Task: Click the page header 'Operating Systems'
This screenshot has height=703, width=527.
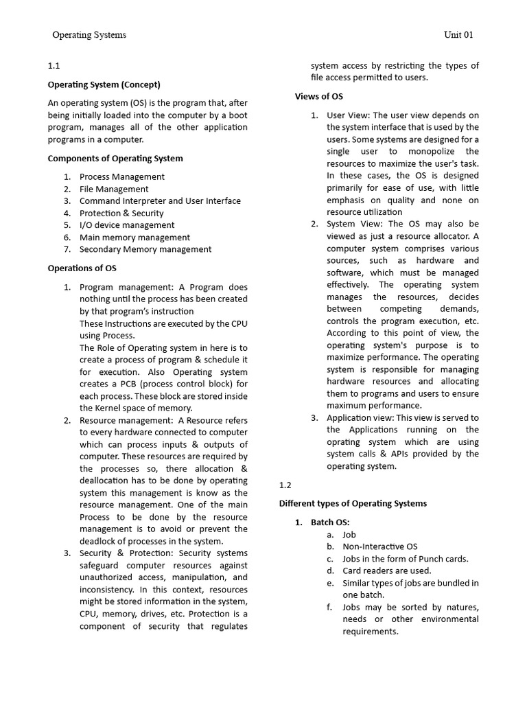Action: pyautogui.click(x=89, y=35)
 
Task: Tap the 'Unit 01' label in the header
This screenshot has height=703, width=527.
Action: pyautogui.click(x=458, y=35)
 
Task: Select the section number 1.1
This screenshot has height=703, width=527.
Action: pyautogui.click(x=54, y=67)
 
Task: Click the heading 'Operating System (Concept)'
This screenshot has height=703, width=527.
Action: pyautogui.click(x=104, y=85)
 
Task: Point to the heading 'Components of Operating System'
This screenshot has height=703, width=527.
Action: pyautogui.click(x=115, y=159)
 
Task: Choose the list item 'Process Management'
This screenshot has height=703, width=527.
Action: pyautogui.click(x=121, y=177)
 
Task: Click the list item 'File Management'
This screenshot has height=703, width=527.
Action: pyautogui.click(x=113, y=189)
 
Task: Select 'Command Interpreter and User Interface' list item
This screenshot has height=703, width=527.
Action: pyautogui.click(x=160, y=201)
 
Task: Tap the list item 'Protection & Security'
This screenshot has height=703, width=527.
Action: pyautogui.click(x=121, y=214)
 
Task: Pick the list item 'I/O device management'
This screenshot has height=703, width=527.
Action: pyautogui.click(x=126, y=225)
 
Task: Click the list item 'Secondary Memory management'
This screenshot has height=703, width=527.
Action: pyautogui.click(x=145, y=249)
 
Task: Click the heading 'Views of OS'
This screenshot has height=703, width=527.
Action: pyautogui.click(x=318, y=97)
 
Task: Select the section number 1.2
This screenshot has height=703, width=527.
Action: pyautogui.click(x=285, y=485)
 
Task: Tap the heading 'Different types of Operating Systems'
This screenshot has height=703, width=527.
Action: pyautogui.click(x=352, y=504)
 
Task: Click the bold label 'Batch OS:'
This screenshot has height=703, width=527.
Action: pyautogui.click(x=330, y=522)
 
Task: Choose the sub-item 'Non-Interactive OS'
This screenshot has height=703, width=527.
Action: pyautogui.click(x=379, y=546)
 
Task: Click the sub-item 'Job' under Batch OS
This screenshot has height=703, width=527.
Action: pyautogui.click(x=349, y=535)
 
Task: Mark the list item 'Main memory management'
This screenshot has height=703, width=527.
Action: pyautogui.click(x=134, y=238)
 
